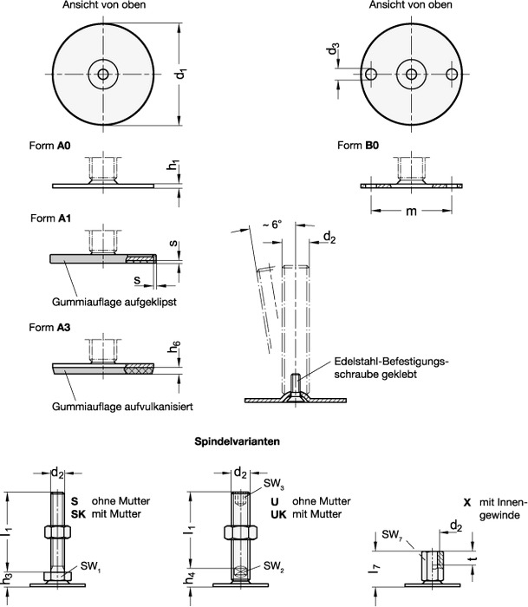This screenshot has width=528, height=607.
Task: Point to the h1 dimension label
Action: [x=173, y=163]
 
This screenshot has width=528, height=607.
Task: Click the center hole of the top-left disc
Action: [x=104, y=75]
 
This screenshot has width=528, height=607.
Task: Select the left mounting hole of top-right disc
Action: [x=370, y=75]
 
